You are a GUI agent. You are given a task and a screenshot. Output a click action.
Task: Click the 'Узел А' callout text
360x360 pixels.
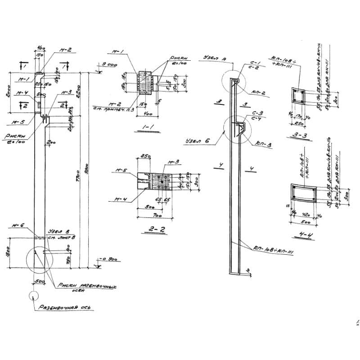click(211, 58)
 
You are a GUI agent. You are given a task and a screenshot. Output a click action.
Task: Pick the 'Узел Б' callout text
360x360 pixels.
click(197, 141)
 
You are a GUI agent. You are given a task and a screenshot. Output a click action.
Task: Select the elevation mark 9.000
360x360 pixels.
click(106, 65)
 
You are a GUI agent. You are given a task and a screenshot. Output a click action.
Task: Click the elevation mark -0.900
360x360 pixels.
click(107, 260)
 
